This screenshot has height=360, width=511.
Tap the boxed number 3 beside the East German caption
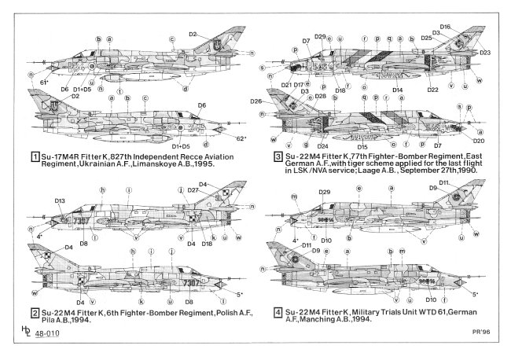point(278,156)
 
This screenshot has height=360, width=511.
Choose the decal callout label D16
point(446,26)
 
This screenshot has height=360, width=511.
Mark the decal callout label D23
point(484,53)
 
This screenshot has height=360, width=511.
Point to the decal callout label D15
point(362,146)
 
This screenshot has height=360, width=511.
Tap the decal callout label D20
point(479,141)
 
